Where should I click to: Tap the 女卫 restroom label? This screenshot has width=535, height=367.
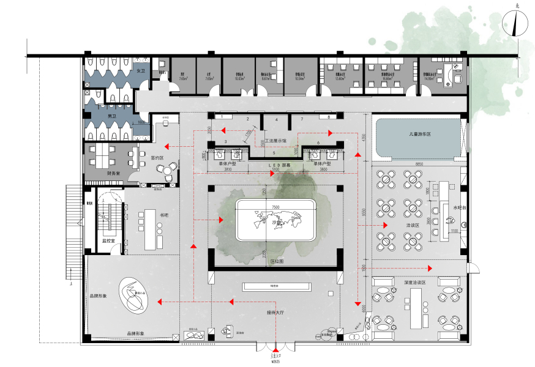pos(140,72)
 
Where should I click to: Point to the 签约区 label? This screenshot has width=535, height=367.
pos(157,157)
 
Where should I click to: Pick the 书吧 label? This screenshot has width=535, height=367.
pos(163,215)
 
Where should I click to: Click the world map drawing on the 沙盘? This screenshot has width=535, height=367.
pos(279,218)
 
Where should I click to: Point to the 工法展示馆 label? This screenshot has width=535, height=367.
pos(277,141)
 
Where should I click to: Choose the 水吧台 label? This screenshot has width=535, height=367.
pos(460,207)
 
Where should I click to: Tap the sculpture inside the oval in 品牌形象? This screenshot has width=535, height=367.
pos(133,297)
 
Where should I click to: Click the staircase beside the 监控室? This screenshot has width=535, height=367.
pos(109,215)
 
